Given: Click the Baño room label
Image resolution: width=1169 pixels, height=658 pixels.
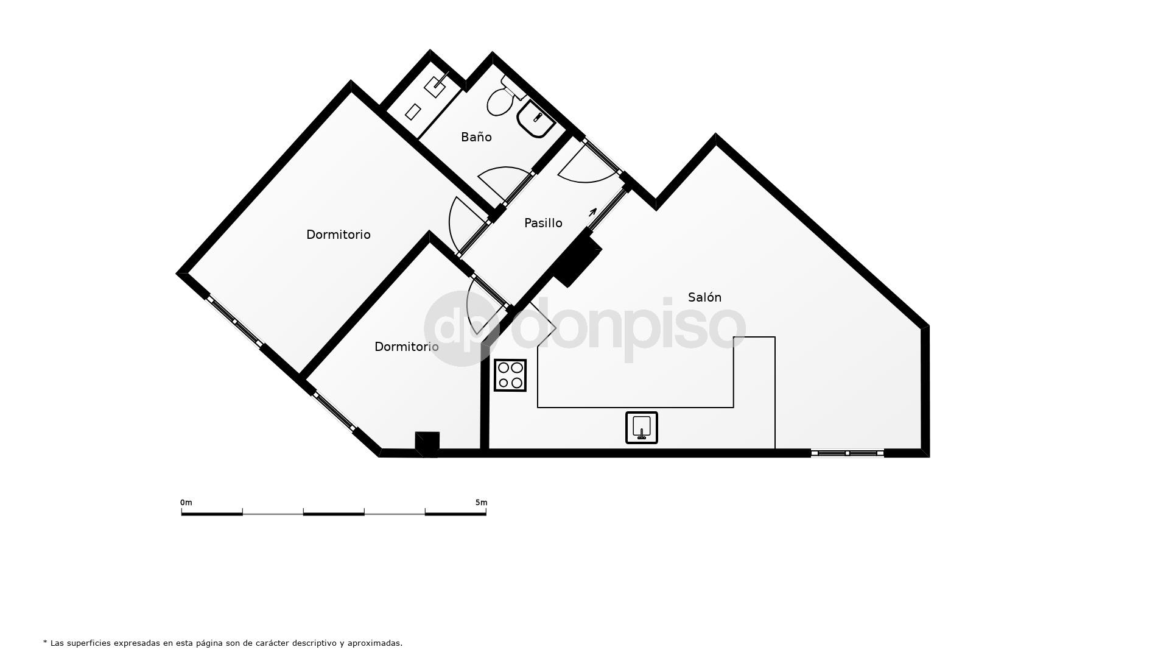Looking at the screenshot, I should click(x=476, y=137).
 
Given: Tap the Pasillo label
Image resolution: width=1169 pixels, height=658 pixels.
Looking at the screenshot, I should click(x=543, y=223).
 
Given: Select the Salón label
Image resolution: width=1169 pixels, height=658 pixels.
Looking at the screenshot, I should click(x=704, y=297).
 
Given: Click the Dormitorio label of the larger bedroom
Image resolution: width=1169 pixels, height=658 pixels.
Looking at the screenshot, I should click(x=338, y=235).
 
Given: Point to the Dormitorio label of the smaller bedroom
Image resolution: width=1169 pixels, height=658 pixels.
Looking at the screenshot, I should click(x=406, y=347).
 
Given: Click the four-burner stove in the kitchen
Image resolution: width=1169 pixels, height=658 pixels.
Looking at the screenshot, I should click(x=510, y=375).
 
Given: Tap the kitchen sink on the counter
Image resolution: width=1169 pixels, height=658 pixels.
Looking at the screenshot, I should click(x=642, y=427).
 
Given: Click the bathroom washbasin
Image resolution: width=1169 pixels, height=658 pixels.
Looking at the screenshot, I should click(x=535, y=119).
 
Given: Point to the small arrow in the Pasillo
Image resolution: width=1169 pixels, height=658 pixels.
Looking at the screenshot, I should click(x=592, y=213).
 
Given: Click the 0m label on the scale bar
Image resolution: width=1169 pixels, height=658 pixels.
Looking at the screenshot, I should click(x=186, y=503).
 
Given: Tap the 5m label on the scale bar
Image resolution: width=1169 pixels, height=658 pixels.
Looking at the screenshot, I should click(x=481, y=503).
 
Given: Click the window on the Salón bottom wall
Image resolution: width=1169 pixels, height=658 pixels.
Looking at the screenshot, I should click(x=847, y=453).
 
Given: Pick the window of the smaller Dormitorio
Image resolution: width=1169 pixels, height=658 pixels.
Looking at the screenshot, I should click(x=334, y=412).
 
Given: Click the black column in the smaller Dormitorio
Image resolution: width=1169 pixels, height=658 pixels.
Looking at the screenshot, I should click(x=427, y=443).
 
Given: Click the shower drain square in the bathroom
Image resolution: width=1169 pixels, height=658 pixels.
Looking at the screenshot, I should click(x=413, y=111).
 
